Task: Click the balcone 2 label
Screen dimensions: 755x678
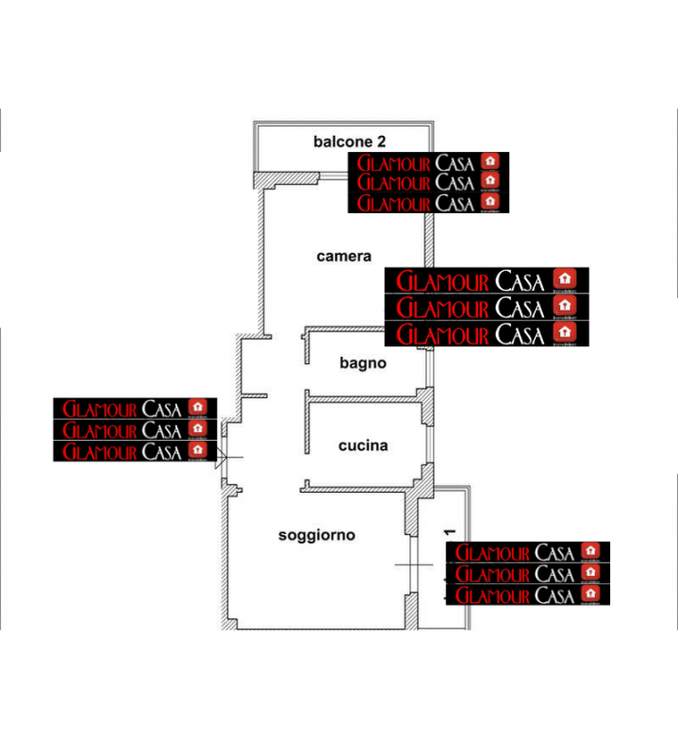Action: point(350,143)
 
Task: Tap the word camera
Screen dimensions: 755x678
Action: point(343,256)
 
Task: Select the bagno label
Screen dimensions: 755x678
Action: point(363,362)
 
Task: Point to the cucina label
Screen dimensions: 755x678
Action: point(363,445)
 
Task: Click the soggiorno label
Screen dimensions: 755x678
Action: point(316,535)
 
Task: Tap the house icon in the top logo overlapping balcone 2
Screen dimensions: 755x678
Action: point(488,160)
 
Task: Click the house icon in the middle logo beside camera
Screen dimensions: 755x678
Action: point(565,306)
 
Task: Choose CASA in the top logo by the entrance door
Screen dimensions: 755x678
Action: point(161,408)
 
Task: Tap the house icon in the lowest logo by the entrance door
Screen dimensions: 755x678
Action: point(197,450)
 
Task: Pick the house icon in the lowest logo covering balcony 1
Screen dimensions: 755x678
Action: point(590,593)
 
